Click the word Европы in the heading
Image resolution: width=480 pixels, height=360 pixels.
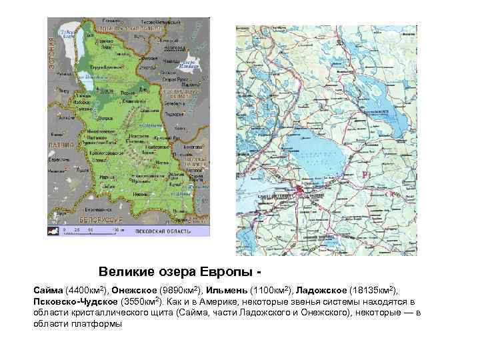click(x=225, y=273)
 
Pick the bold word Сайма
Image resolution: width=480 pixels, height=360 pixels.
click(x=47, y=291)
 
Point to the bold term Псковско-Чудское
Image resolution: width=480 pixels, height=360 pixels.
click(x=73, y=302)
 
